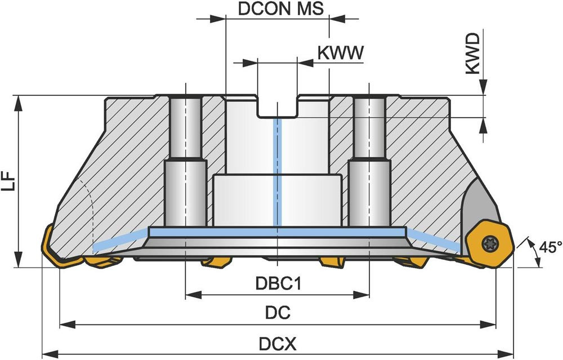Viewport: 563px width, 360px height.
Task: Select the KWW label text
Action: tap(341, 52)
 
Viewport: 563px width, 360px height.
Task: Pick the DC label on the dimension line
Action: tap(278, 313)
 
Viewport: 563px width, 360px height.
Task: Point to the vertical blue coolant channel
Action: tap(276, 169)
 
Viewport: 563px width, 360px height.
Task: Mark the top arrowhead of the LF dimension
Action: tap(19, 100)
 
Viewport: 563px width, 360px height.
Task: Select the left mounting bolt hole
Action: tap(186, 163)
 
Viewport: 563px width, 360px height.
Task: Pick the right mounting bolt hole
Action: tap(369, 163)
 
